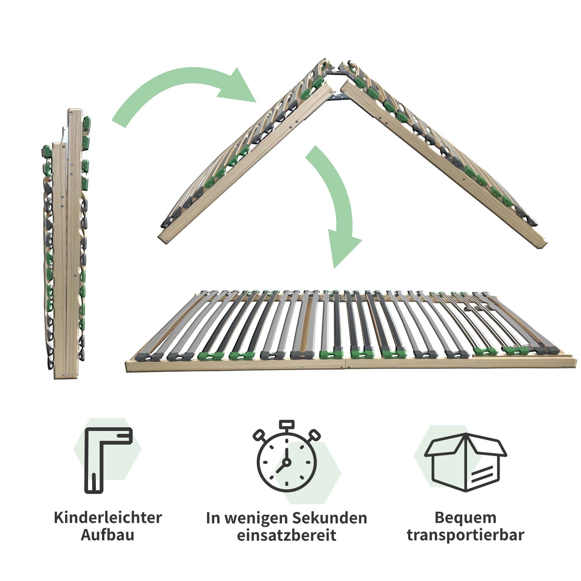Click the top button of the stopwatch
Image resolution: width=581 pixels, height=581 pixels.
coord(286,424)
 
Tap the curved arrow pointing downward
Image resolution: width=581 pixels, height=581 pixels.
coord(336,207)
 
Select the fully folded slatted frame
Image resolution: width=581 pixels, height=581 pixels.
coord(66,242)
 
